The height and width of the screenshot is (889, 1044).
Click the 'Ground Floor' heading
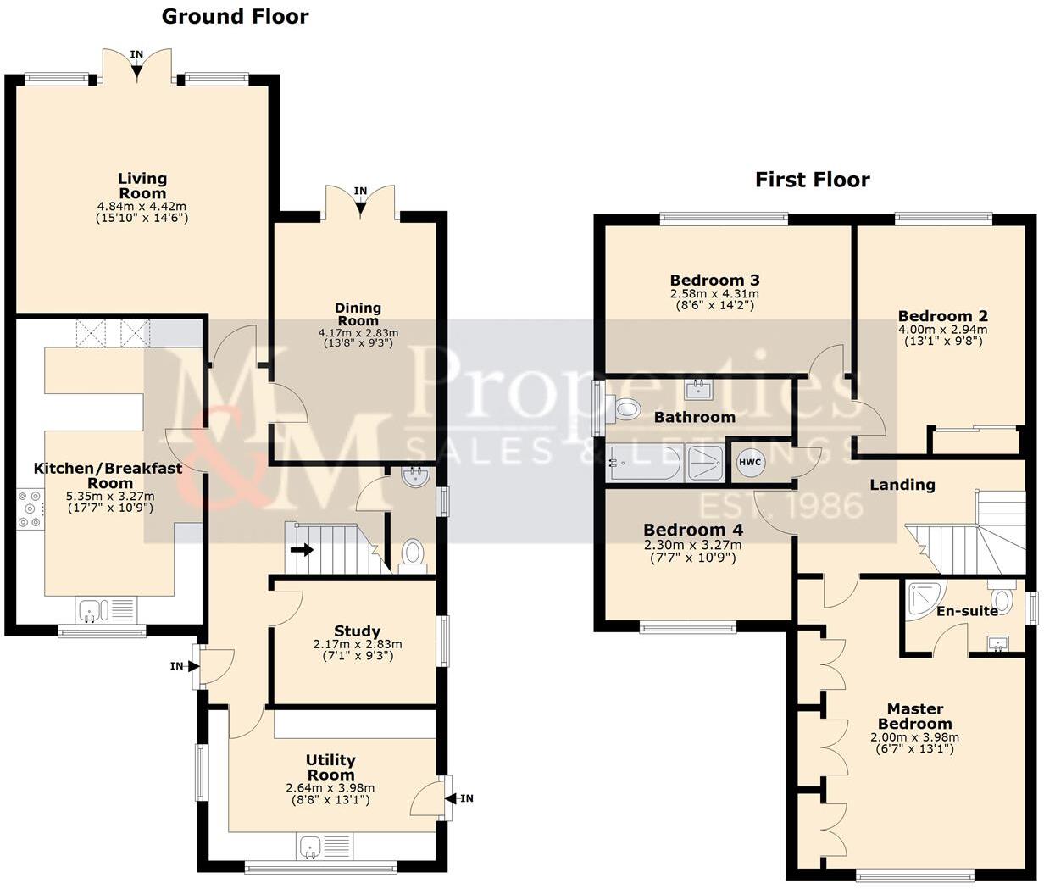click(x=235, y=16)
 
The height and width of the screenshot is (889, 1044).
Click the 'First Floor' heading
click(x=812, y=180)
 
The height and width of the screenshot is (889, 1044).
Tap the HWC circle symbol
click(x=750, y=463)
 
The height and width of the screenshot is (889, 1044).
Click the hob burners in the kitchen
click(x=29, y=508)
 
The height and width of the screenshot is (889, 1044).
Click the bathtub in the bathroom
click(x=644, y=463)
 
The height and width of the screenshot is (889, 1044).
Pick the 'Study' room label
click(x=357, y=631)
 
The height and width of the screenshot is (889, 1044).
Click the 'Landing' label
click(x=902, y=485)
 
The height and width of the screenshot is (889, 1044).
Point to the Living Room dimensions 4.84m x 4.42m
click(x=142, y=206)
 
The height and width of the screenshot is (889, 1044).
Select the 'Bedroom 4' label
click(x=693, y=530)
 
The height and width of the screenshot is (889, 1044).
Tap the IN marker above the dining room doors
click(x=360, y=192)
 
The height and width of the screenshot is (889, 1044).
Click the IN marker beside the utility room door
click(x=466, y=798)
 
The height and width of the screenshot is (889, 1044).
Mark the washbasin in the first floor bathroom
click(x=699, y=389)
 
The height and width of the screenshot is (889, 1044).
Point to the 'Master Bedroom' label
click(x=914, y=716)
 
